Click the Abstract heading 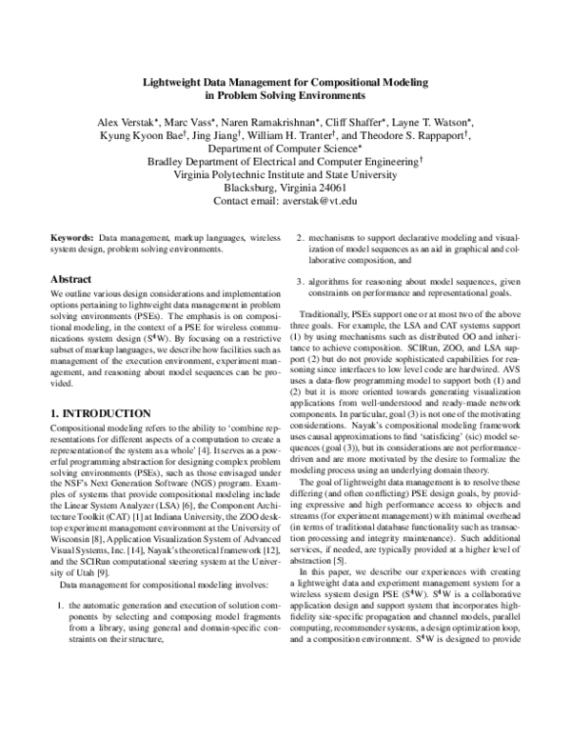(70, 280)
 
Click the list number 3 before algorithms (299, 281)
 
